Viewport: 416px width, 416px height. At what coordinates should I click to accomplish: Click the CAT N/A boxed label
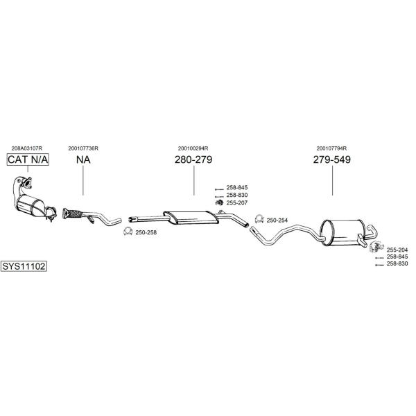click(x=28, y=159)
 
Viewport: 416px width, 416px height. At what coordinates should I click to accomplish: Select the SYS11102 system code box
click(x=24, y=266)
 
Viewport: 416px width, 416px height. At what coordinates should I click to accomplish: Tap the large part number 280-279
click(x=193, y=159)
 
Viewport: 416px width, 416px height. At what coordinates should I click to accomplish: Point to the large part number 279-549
click(x=332, y=159)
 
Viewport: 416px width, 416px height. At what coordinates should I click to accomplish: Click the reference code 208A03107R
click(x=27, y=148)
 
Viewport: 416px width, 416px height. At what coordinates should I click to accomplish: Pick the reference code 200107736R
click(x=83, y=148)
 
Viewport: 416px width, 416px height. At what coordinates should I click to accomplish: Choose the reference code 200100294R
click(x=193, y=148)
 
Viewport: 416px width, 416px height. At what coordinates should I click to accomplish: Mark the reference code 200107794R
click(x=331, y=148)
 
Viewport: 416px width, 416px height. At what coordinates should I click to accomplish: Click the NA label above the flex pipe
click(x=83, y=159)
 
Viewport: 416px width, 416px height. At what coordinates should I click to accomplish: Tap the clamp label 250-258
click(x=146, y=232)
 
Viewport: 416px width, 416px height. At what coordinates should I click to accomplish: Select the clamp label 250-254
click(x=277, y=220)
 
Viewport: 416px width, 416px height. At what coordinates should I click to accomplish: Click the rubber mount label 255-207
click(x=237, y=202)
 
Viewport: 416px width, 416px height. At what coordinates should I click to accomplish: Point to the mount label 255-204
click(x=397, y=250)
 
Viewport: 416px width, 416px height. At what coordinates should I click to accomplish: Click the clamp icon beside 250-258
click(x=128, y=232)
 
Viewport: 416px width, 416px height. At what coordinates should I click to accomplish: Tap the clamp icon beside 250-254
click(x=259, y=219)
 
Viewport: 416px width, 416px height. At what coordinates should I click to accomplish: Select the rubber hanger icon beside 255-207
click(x=219, y=202)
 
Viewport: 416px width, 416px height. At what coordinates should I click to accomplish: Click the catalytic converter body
click(x=31, y=206)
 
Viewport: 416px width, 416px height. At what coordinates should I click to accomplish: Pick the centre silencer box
click(x=191, y=217)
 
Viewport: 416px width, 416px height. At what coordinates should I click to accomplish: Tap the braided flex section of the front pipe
click(x=74, y=214)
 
